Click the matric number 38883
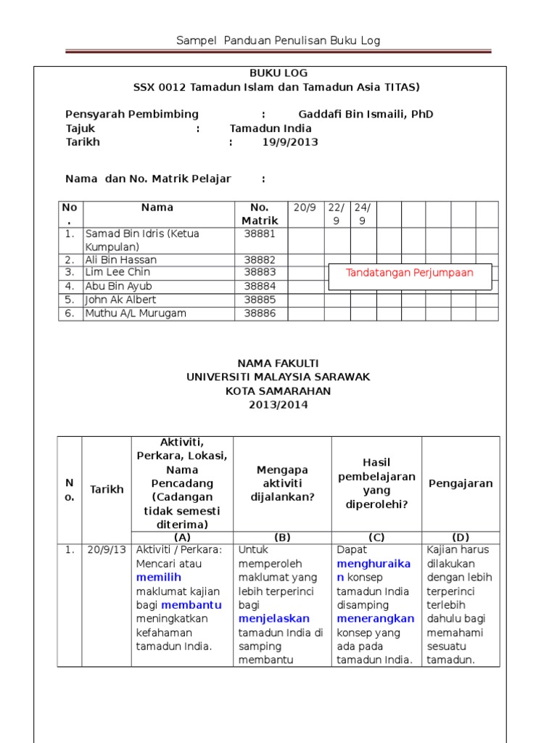(260, 272)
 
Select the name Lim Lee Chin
(117, 272)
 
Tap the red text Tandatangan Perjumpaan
(410, 273)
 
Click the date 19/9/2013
(290, 142)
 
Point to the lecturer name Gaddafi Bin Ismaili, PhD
(366, 115)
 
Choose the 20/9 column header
(305, 208)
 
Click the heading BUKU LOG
(278, 73)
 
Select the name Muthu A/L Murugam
(136, 313)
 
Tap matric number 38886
(260, 313)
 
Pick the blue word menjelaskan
(274, 619)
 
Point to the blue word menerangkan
(376, 619)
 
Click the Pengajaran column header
(461, 483)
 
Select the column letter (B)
(282, 538)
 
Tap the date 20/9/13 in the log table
(105, 550)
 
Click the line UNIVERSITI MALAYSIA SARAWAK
(278, 377)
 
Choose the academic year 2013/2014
(278, 405)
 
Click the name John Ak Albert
(120, 300)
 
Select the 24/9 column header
(361, 214)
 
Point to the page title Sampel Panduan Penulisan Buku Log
(278, 41)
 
